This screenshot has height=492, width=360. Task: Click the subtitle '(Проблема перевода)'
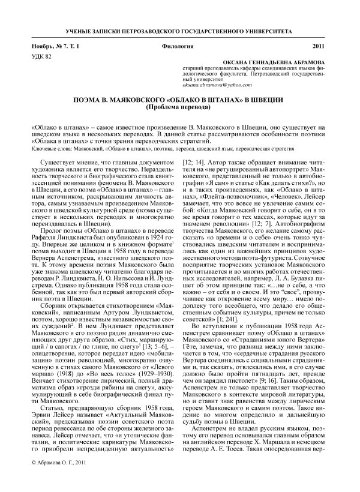tap(179, 108)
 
